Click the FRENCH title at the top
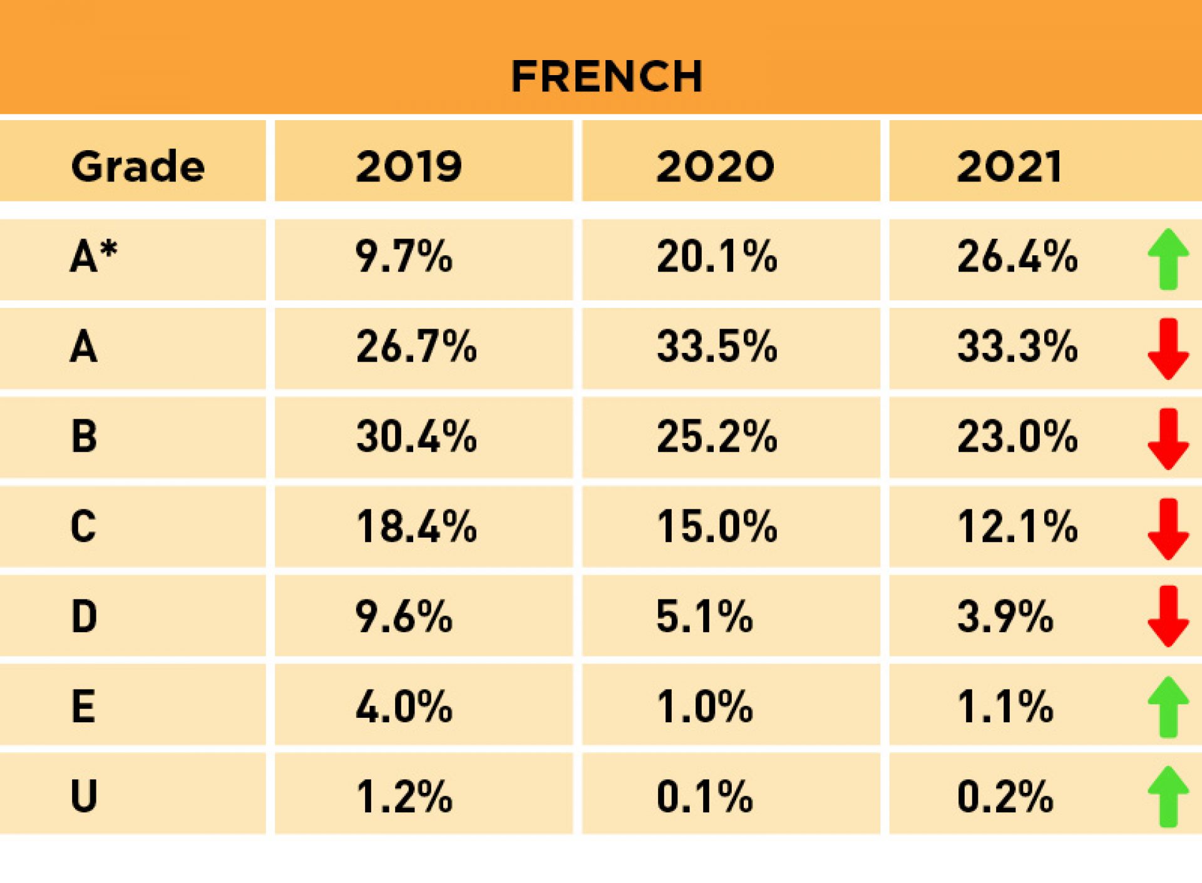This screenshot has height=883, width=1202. click(606, 76)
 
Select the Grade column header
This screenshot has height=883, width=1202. click(138, 166)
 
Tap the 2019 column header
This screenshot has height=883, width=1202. click(409, 166)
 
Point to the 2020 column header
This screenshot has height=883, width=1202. click(715, 166)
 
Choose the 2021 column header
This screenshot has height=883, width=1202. click(1009, 166)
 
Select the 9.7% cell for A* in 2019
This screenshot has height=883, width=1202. click(404, 257)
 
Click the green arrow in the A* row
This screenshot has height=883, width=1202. click(1168, 259)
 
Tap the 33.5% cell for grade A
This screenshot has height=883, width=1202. click(717, 347)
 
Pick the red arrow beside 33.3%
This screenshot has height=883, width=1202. click(1168, 349)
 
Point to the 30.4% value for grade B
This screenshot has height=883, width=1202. click(416, 436)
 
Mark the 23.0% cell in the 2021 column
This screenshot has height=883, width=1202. click(1017, 436)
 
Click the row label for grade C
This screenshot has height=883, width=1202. click(83, 526)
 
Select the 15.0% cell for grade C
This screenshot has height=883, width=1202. click(717, 526)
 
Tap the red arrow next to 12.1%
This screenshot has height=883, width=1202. click(1168, 529)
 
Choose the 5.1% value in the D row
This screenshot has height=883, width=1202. click(704, 616)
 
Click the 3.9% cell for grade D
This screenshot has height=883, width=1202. click(1005, 616)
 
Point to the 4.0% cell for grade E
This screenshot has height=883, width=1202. click(404, 707)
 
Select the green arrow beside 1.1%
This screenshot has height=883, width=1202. click(1168, 707)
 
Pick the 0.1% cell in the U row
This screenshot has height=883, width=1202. click(704, 797)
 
